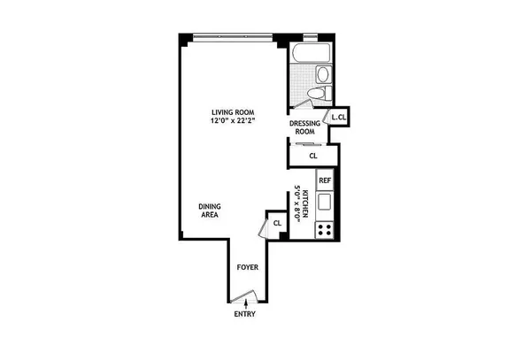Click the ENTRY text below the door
[245, 315]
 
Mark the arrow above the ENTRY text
[245, 304]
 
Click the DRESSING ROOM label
[305, 126]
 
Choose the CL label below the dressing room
[312, 156]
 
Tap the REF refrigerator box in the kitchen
[325, 180]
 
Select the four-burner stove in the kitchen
[325, 228]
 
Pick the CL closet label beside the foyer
[277, 224]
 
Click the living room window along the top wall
[230, 36]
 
